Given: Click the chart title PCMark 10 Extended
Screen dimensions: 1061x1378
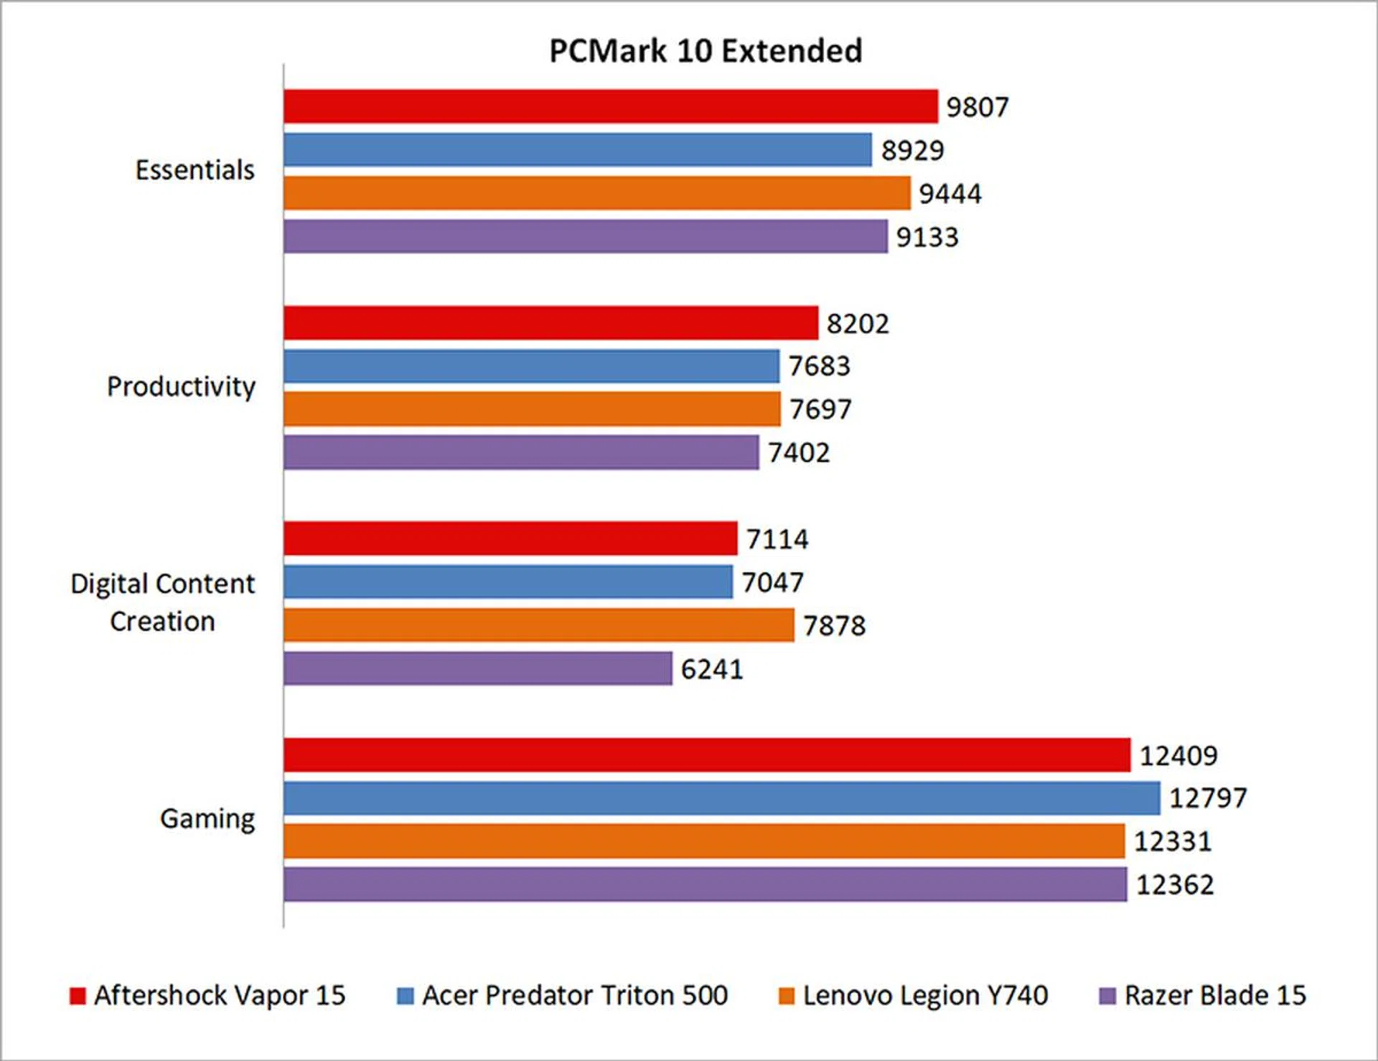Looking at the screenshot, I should tap(706, 51).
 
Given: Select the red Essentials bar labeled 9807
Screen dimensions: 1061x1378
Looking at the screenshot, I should tap(610, 106).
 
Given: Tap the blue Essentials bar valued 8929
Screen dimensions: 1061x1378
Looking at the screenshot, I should tap(577, 149).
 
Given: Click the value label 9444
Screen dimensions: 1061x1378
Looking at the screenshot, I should tap(950, 194).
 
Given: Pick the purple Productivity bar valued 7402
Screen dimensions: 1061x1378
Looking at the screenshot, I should tap(521, 452).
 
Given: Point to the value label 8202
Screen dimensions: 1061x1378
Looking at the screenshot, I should tap(858, 324).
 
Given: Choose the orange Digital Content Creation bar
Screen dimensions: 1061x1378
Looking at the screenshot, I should tap(538, 625).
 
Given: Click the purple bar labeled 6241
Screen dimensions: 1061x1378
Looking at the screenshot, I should tap(477, 668).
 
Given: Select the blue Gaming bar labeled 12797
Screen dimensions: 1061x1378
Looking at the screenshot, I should tap(721, 798).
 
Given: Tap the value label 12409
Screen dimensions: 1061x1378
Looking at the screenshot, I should tap(1178, 755).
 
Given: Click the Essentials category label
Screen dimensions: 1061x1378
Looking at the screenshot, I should tap(195, 170).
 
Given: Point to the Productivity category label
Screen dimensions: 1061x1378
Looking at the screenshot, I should tap(181, 387).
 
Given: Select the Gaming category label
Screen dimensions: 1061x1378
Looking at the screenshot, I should tap(207, 818).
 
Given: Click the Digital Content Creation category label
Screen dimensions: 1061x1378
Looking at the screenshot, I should tap(162, 602).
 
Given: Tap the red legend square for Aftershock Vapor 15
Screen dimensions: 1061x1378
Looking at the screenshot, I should tap(78, 996).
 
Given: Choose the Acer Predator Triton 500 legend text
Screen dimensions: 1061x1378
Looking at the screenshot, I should tap(575, 996).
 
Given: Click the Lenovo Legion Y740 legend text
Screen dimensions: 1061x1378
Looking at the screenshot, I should tap(925, 996).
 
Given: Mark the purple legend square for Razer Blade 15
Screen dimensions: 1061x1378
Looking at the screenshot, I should tap(1108, 996).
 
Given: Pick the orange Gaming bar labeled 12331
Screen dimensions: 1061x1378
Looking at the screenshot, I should tap(703, 841).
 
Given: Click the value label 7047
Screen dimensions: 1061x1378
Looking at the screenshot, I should tap(773, 582).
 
